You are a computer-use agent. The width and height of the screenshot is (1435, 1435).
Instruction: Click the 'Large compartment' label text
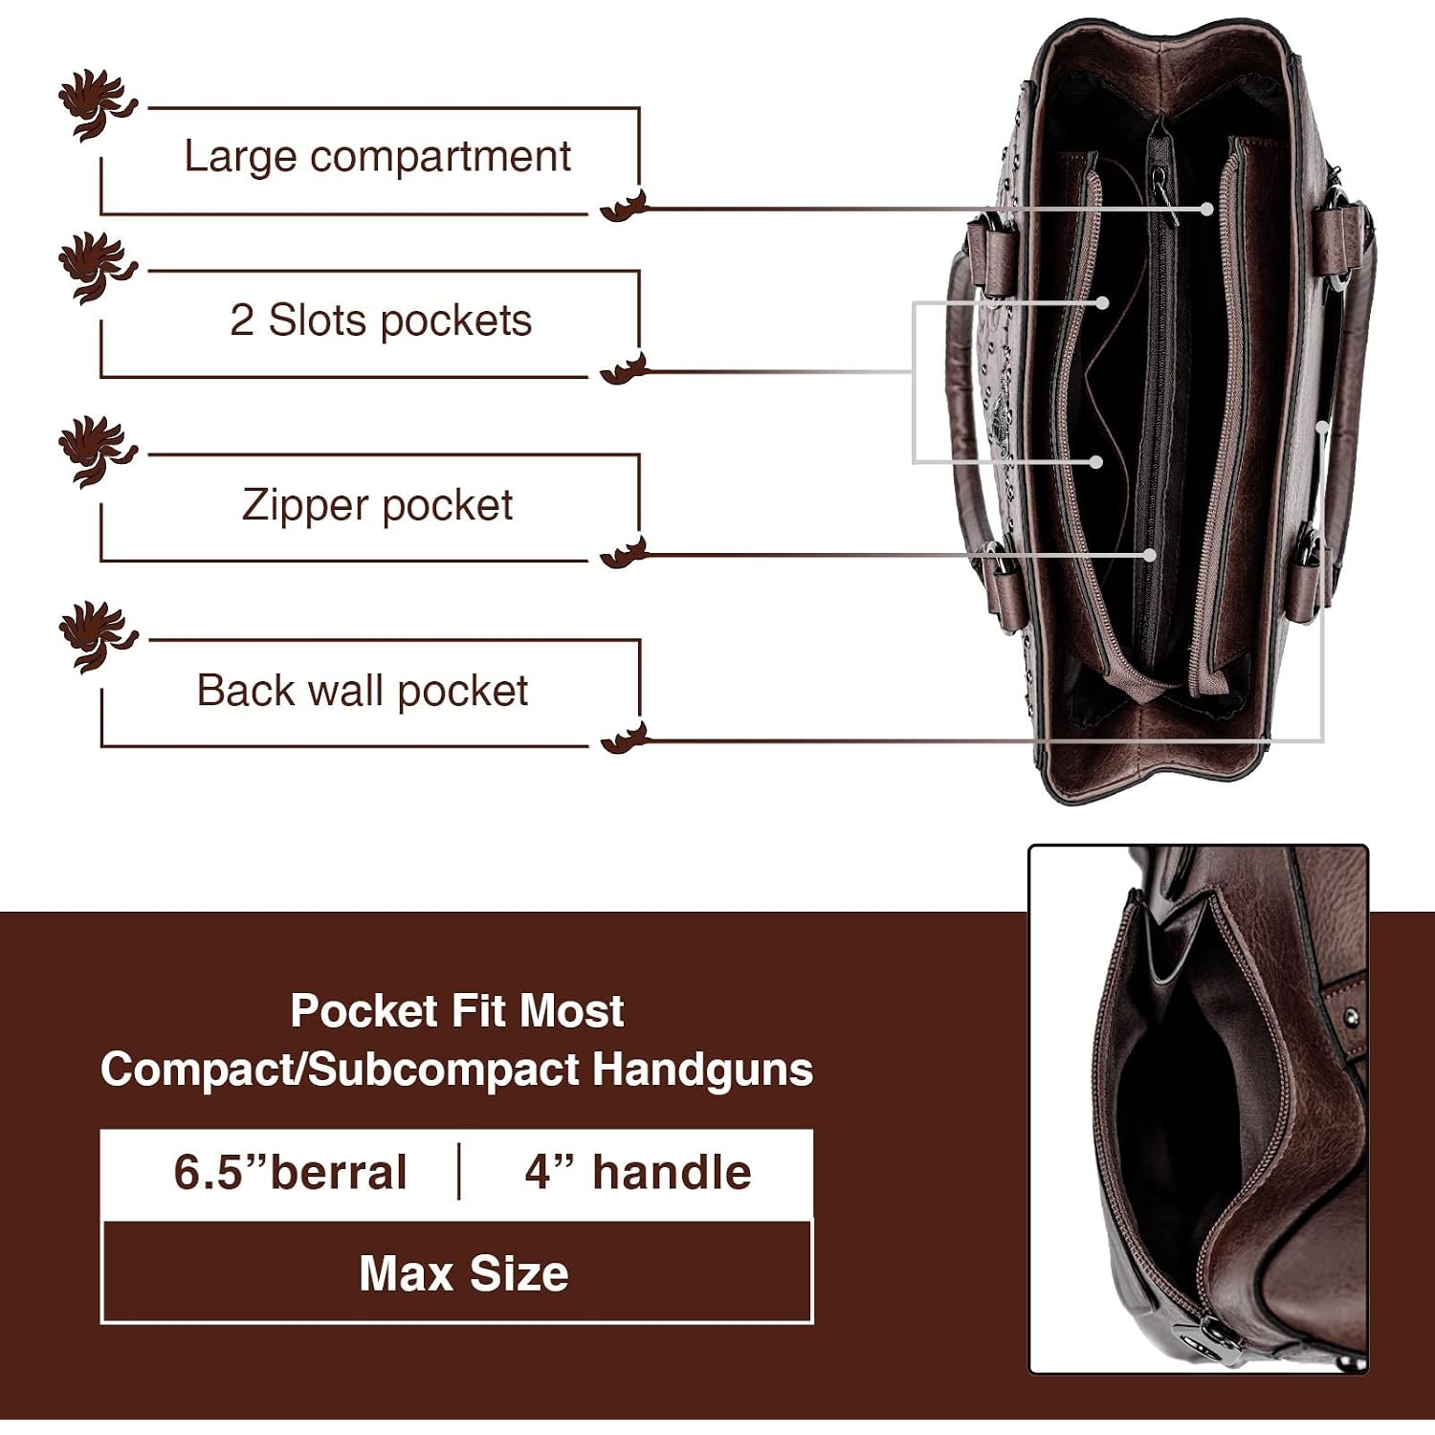(x=377, y=157)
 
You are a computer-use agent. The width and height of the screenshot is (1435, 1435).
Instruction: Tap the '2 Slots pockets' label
(x=380, y=320)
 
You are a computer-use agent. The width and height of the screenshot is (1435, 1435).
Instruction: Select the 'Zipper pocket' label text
(x=377, y=505)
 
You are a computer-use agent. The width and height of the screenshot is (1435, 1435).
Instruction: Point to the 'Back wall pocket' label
(x=362, y=690)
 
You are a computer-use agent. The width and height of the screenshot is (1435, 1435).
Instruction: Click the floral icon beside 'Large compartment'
(x=96, y=103)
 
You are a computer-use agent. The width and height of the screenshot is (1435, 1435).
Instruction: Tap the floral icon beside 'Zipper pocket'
(x=96, y=451)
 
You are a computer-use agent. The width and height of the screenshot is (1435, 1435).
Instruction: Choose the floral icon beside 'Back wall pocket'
(x=96, y=636)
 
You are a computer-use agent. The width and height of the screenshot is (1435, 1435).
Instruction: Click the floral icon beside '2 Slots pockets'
(x=96, y=267)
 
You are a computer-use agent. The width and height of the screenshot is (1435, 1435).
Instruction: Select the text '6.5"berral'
(x=290, y=1172)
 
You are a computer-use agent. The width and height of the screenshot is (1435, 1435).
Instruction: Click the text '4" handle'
(x=637, y=1172)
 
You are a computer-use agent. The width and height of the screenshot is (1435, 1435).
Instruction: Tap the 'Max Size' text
(x=464, y=1273)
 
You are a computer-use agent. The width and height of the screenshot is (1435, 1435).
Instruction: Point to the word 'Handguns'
(x=702, y=1069)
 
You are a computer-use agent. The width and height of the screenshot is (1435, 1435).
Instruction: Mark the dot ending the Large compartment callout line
(x=1208, y=209)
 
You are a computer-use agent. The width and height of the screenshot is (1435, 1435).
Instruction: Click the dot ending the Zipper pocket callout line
(x=1150, y=554)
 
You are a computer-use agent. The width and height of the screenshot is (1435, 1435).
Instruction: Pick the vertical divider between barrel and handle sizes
(x=459, y=1171)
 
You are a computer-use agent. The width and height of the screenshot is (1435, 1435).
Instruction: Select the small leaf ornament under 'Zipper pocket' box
(x=624, y=552)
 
